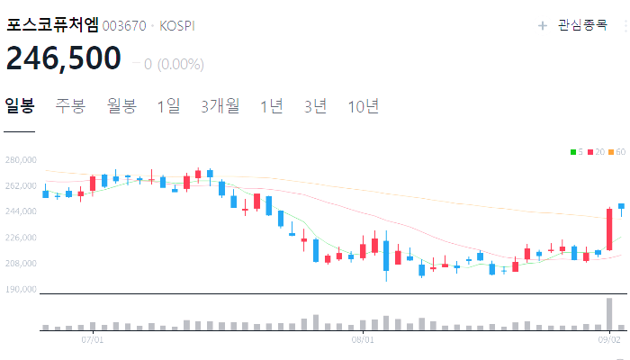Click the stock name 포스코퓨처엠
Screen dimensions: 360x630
click(52, 25)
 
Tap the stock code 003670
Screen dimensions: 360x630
click(124, 26)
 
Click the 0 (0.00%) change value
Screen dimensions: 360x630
click(173, 65)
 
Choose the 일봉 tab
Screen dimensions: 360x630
click(20, 106)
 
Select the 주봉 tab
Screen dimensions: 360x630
click(70, 106)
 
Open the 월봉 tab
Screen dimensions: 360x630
click(121, 106)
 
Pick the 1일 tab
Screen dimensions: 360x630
click(168, 106)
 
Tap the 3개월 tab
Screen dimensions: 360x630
click(220, 106)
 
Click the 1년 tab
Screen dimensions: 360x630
click(271, 106)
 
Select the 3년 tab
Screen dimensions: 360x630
click(316, 106)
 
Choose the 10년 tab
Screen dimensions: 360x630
click(364, 106)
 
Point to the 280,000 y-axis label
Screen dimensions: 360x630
click(20, 160)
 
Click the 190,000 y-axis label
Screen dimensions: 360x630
click(20, 290)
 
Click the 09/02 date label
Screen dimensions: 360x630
click(609, 340)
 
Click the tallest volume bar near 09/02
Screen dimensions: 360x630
click(609, 313)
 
